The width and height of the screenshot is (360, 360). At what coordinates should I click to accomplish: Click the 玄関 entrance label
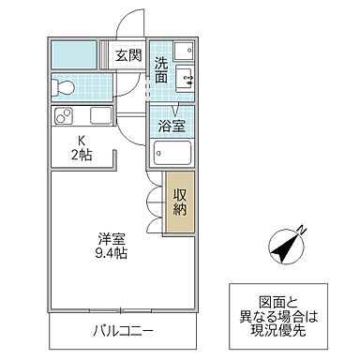(128, 54)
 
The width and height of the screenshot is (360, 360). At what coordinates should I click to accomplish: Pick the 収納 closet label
(180, 202)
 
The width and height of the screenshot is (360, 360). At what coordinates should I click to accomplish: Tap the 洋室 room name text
(108, 238)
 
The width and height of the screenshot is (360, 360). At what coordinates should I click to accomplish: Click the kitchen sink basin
(99, 117)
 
